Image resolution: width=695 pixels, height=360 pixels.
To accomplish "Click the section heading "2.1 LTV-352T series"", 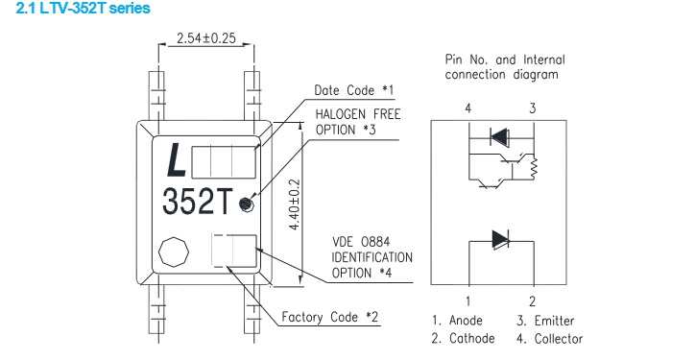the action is pos(83,8).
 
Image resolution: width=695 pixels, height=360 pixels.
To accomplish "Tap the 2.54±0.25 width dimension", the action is pos(206,38).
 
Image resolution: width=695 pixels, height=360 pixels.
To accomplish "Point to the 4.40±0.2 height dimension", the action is pos(295,204).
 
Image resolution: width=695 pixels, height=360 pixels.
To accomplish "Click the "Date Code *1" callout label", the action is pos(353,90).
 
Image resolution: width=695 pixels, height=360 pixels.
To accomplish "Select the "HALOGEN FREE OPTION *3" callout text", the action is pos(358,122).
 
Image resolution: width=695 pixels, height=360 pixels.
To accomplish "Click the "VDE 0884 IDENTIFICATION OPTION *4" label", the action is pos(371,257).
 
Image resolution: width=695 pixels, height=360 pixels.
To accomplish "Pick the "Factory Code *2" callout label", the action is pos(330,317).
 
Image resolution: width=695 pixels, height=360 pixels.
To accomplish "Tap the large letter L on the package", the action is pos(176,160).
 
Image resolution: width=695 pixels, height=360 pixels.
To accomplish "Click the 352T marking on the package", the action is pos(197,202).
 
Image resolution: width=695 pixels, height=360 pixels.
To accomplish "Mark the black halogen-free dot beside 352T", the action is pos(246,204).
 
